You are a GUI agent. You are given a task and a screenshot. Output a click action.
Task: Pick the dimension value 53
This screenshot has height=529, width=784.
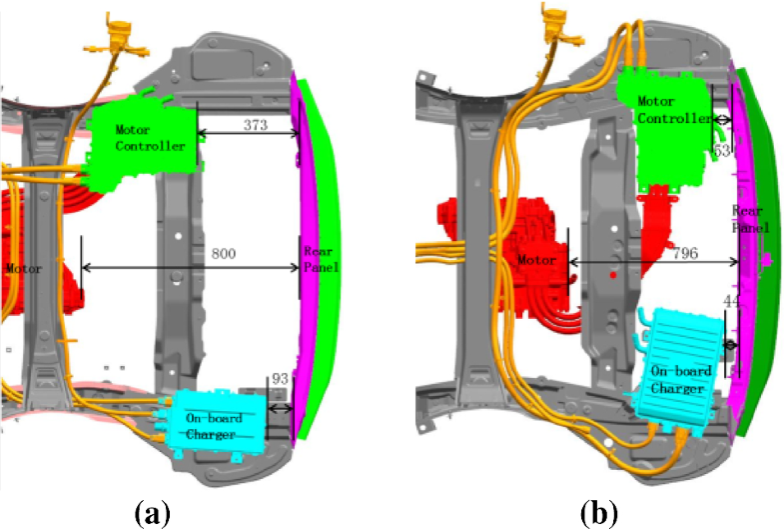(723, 150)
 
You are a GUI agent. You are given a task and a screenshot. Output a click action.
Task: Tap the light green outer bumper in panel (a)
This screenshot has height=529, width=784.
(322, 180)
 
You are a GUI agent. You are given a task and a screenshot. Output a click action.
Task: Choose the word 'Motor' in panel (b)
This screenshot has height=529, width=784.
(538, 260)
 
